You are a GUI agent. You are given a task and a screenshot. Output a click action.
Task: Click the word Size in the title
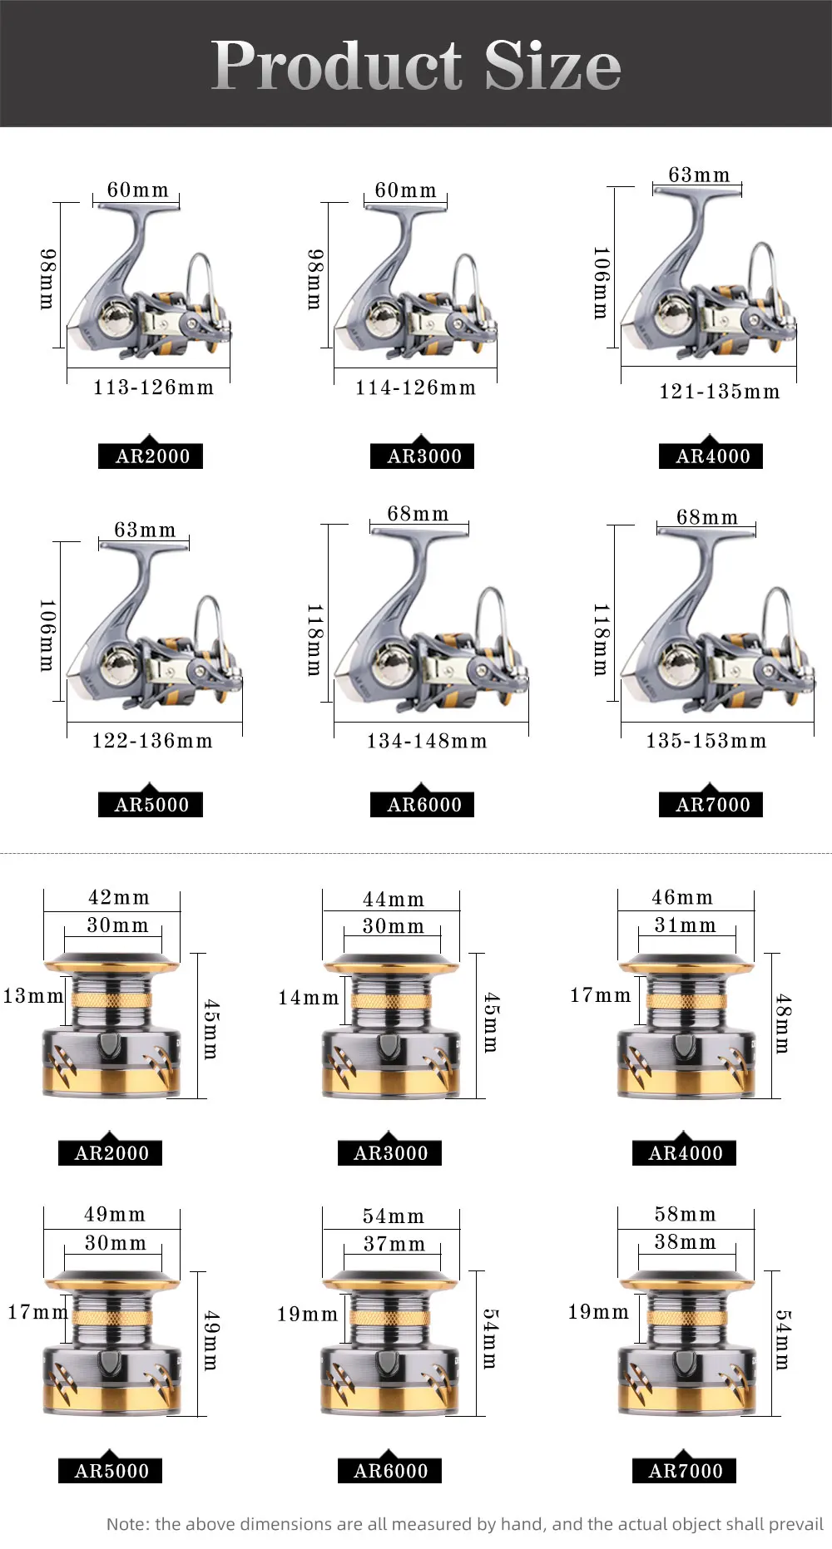pos(553,67)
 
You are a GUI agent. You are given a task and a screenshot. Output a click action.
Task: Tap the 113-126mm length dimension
pos(153,387)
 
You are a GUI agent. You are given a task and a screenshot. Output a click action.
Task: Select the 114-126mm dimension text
pos(415,387)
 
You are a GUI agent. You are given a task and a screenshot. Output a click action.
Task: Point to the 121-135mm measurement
pos(720,392)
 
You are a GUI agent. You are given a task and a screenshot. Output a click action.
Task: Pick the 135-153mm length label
pos(706,741)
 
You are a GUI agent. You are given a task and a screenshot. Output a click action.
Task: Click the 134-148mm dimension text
pos(427,741)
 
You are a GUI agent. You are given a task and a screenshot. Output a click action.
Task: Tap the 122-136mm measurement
pos(152,741)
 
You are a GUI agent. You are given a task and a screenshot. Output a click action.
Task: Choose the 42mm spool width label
pos(119,898)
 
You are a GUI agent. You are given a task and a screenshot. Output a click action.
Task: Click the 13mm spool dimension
pos(33,996)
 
